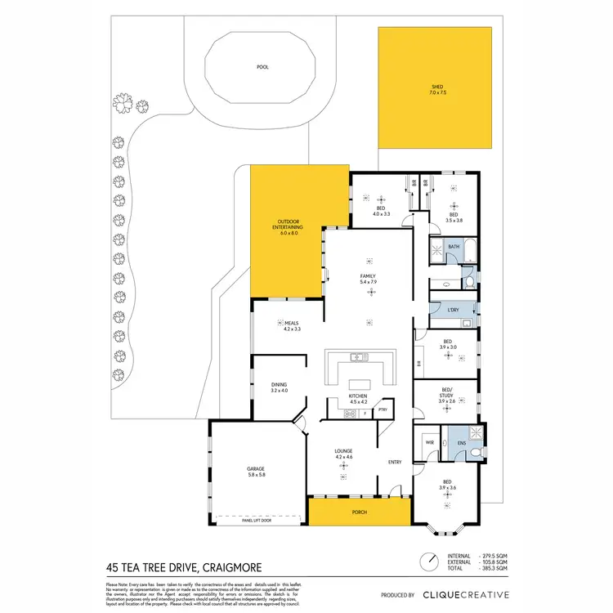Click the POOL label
[262, 67]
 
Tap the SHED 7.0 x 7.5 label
[438, 91]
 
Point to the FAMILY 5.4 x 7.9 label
[368, 280]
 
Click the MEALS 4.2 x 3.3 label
[293, 325]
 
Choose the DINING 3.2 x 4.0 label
[280, 387]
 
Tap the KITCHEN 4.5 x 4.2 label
[360, 398]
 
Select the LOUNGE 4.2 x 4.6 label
[343, 453]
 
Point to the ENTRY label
[395, 463]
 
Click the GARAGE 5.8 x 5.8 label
[257, 472]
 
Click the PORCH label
[360, 512]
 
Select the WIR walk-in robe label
[429, 444]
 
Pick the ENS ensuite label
[462, 445]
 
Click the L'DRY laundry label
[454, 310]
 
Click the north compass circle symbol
[427, 562]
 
